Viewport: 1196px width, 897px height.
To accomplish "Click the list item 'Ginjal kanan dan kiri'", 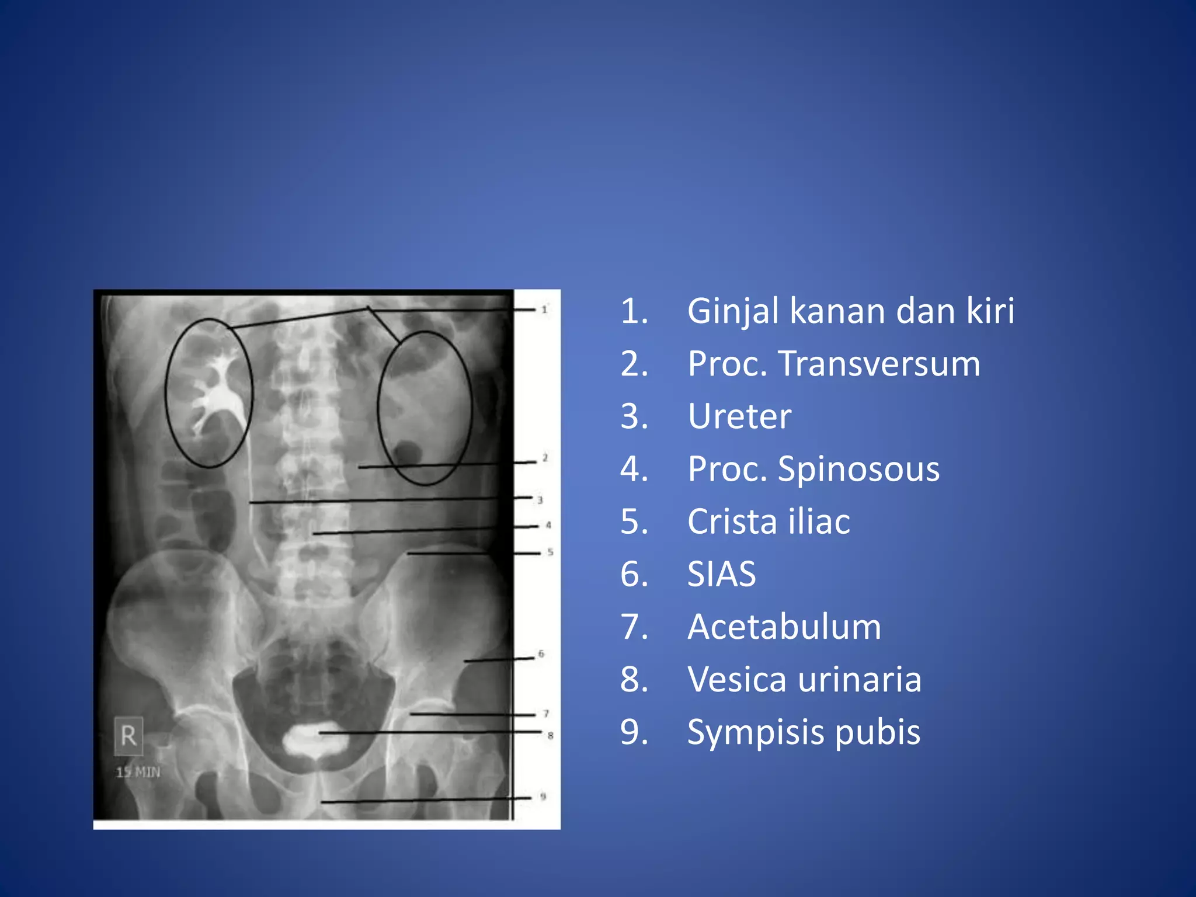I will coord(850,311).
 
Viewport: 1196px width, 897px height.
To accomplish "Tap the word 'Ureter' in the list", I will coord(739,416).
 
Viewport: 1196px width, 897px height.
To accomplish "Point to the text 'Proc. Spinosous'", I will coord(813,469).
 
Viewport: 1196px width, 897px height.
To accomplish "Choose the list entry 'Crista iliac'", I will coord(769,521).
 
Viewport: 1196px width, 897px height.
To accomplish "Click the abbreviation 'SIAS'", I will coord(721,574).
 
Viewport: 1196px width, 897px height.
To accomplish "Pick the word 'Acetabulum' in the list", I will coord(784,627).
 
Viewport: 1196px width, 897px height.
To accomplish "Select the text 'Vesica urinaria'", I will coord(804,679).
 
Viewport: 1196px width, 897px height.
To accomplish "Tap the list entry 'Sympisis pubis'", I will coord(804,732).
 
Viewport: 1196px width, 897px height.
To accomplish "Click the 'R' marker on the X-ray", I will coord(128,735).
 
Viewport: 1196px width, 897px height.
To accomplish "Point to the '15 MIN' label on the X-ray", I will coord(138,772).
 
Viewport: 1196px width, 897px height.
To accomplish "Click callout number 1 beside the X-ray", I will coord(544,309).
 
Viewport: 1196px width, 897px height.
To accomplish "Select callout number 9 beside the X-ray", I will coord(543,796).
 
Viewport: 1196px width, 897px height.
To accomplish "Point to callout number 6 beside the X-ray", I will coord(541,653).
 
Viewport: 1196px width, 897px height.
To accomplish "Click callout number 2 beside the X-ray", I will coord(545,458).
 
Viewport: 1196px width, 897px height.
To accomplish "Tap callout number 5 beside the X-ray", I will coord(550,552).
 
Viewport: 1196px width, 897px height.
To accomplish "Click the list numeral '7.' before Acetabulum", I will coord(634,627).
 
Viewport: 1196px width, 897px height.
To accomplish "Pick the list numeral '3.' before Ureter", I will coord(634,416).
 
